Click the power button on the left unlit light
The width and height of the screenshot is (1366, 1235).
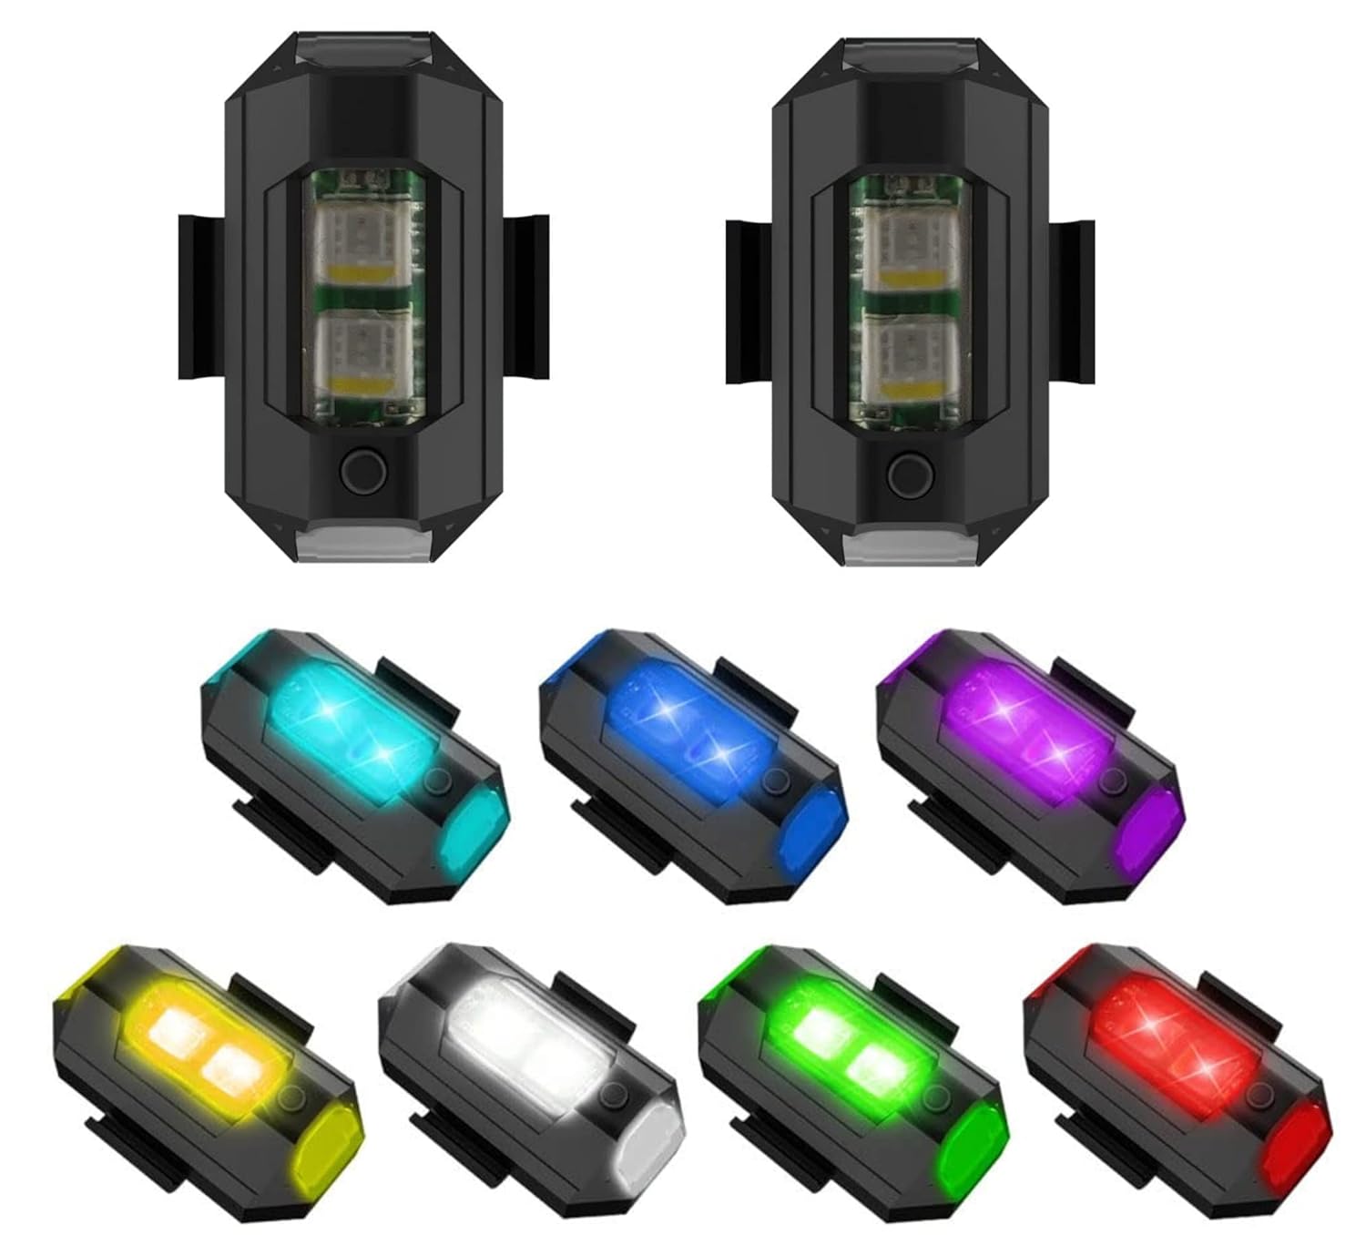tap(363, 471)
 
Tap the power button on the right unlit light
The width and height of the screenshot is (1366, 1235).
tap(911, 475)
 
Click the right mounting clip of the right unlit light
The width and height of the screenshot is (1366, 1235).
tap(1071, 301)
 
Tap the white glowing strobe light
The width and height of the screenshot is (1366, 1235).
tap(528, 1075)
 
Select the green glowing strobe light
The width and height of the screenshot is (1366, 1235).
tap(851, 1075)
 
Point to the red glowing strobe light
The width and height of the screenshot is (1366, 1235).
tap(1175, 1075)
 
